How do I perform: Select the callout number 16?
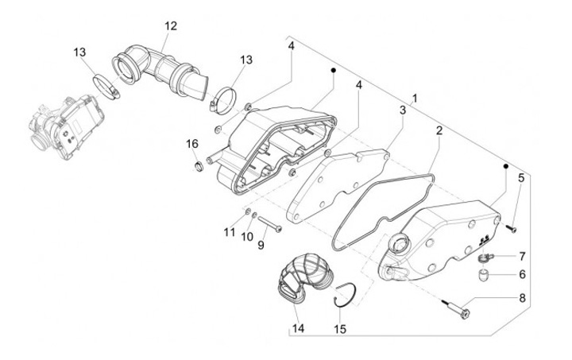coord(191,144)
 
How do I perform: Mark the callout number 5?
coord(520,177)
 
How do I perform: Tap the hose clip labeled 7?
coord(484,257)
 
